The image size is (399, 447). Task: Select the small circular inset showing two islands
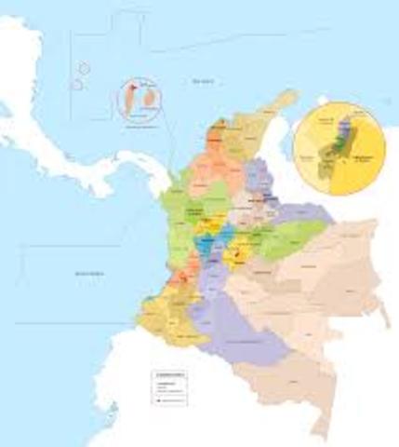pyautogui.click(x=140, y=100)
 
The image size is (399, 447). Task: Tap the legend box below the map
pyautogui.click(x=168, y=386)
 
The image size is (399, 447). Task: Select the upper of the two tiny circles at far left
pyautogui.click(x=84, y=68)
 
